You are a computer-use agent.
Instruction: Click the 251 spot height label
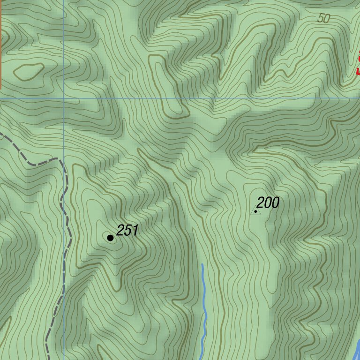(127, 230)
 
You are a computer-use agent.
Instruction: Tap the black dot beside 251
(110, 238)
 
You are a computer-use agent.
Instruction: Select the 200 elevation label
(268, 203)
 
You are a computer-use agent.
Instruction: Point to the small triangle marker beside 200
(255, 211)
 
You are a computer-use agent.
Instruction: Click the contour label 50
(323, 19)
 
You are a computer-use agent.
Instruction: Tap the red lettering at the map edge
(358, 66)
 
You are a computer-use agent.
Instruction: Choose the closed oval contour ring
(29, 71)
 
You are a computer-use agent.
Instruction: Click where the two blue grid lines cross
(64, 99)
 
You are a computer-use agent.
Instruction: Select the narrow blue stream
(204, 309)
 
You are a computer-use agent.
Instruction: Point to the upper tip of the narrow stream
(202, 265)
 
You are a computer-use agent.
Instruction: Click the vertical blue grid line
(64, 47)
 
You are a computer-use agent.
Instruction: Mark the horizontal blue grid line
(211, 99)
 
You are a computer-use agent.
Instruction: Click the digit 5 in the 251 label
(127, 230)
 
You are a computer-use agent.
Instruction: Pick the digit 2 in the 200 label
(261, 203)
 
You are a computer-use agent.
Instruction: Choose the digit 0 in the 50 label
(326, 19)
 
